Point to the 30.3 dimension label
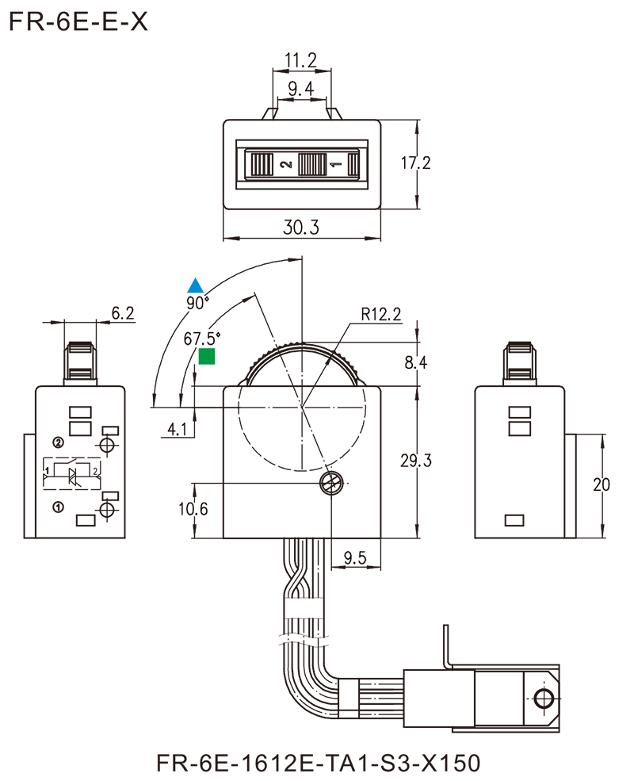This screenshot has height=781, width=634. click(301, 228)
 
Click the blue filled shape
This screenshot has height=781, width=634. click(181, 270)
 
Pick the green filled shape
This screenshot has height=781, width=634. click(216, 361)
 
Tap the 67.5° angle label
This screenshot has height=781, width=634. click(201, 339)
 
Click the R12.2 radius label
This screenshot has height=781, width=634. click(384, 315)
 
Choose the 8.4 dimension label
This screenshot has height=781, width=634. click(418, 364)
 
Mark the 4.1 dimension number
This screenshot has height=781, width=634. click(178, 431)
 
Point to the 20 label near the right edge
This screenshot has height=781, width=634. click(600, 483)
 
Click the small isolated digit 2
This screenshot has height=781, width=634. click(95, 471)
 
